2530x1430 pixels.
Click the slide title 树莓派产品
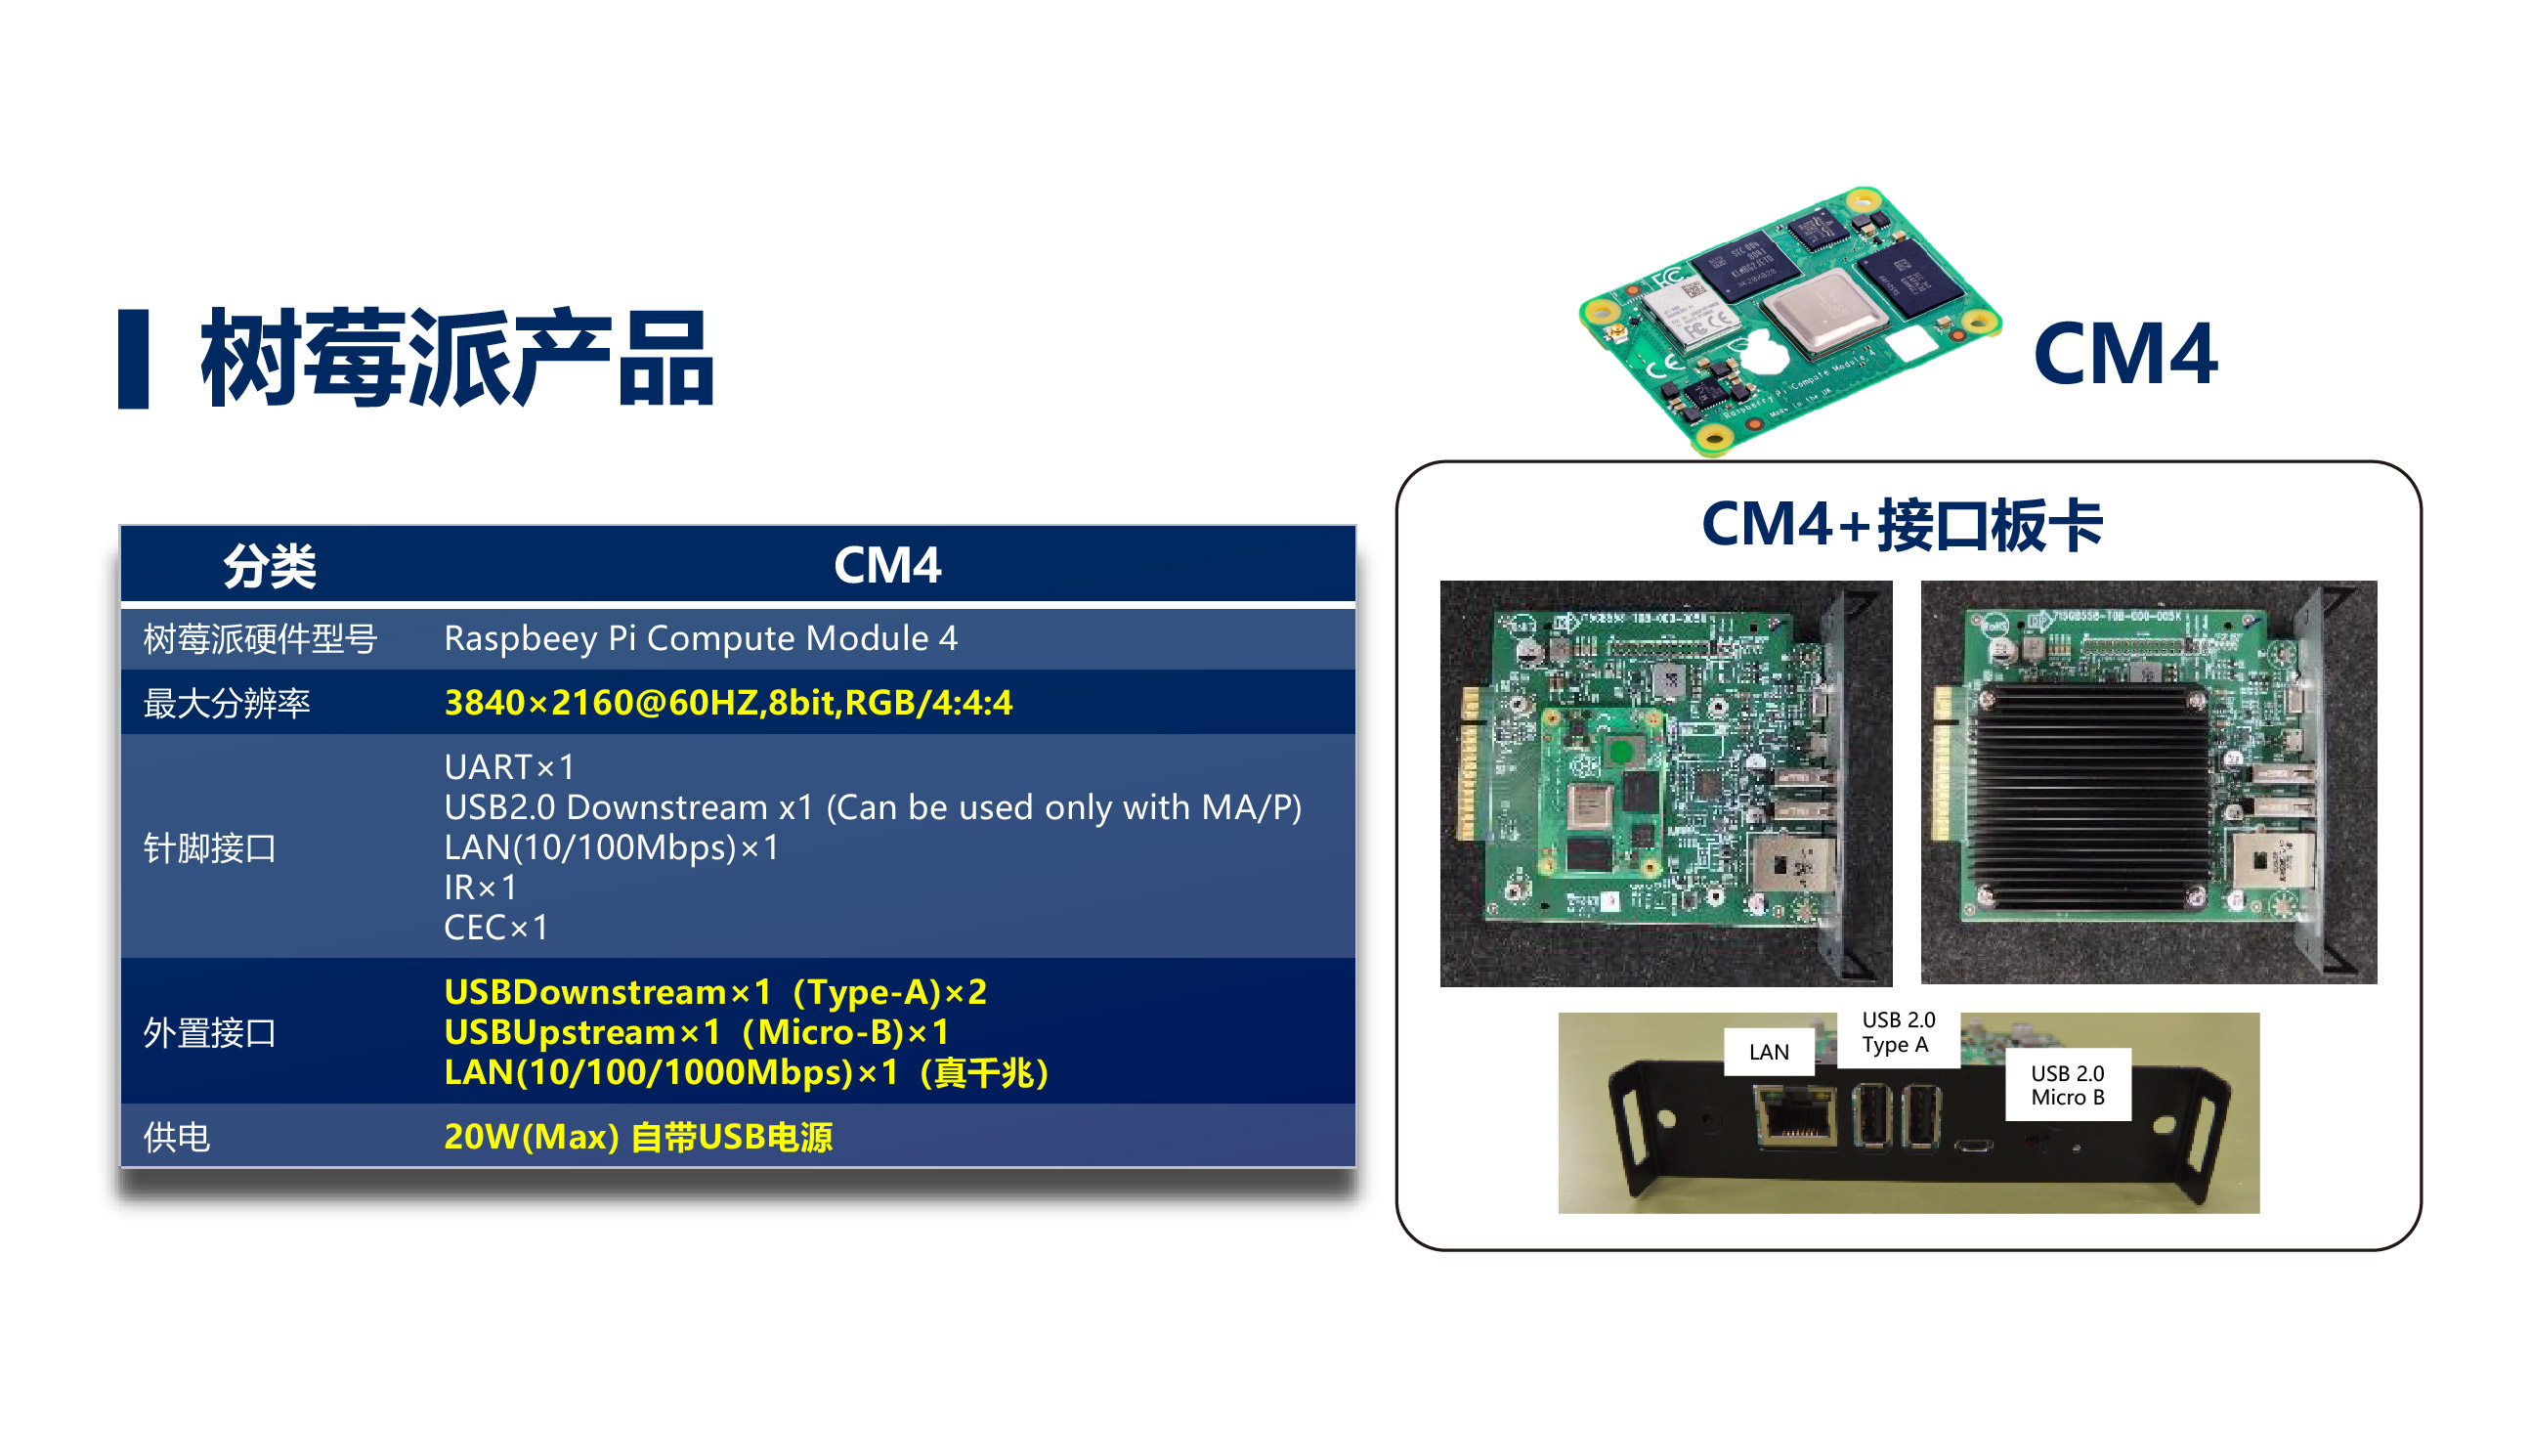pyautogui.click(x=456, y=358)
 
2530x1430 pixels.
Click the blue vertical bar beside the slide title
pyautogui.click(x=133, y=359)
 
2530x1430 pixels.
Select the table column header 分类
pyautogui.click(x=269, y=566)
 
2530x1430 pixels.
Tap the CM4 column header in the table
pyautogui.click(x=887, y=565)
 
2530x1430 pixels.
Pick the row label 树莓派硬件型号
pyautogui.click(x=260, y=638)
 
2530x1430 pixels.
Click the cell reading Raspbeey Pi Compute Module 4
pyautogui.click(x=701, y=638)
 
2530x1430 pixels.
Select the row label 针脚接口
pyautogui.click(x=209, y=847)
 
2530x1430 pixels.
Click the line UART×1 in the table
pyautogui.click(x=509, y=766)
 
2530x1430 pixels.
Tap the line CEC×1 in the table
pyautogui.click(x=496, y=928)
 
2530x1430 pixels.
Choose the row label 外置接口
pyautogui.click(x=209, y=1032)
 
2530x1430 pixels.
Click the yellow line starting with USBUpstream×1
pyautogui.click(x=697, y=1032)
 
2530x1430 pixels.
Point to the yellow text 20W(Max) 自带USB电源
pyautogui.click(x=638, y=1137)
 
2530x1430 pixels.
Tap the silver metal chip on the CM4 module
pyautogui.click(x=1823, y=313)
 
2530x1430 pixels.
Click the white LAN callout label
pyautogui.click(x=1769, y=1052)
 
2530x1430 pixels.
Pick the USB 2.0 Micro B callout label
pyautogui.click(x=2068, y=1085)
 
